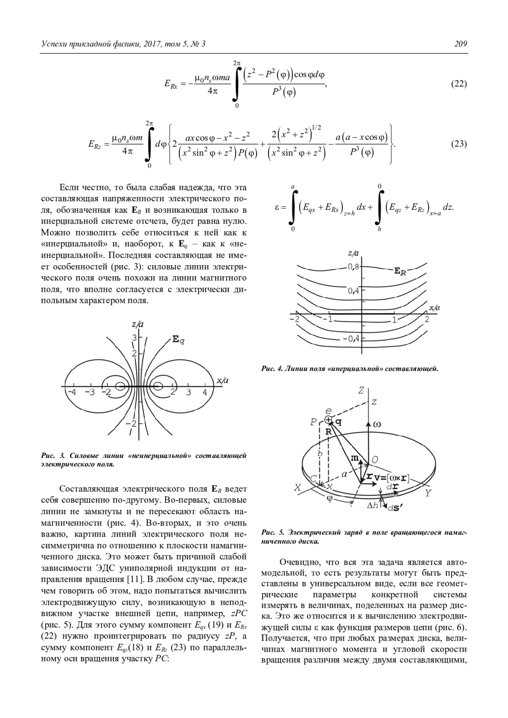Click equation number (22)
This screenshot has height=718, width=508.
pos(458,84)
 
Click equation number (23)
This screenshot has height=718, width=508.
pos(458,144)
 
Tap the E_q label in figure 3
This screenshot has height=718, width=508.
pos(178,339)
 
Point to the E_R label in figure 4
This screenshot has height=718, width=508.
pos(400,271)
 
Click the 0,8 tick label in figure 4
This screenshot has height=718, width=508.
pos(353,267)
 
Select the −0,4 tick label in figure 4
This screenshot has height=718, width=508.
pos(351,339)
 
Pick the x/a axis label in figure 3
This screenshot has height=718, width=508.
pos(222,380)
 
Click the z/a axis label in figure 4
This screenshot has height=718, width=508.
pos(353,253)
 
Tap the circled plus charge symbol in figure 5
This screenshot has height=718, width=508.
pos(329,420)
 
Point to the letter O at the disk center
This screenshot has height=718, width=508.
pos(374,460)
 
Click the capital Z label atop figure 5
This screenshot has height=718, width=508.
pos(361,390)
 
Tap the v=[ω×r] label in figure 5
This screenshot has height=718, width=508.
pos(391,478)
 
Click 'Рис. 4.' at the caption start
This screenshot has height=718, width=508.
pos(272,369)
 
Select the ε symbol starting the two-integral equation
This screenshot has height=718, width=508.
pos(278,208)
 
